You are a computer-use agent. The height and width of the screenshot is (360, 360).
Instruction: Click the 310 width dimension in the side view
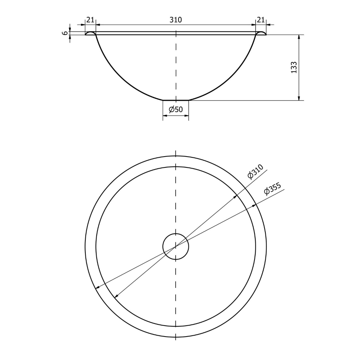click(176, 20)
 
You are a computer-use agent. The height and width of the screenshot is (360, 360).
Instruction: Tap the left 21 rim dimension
click(90, 20)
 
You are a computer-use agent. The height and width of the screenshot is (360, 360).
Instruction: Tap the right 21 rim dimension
click(261, 20)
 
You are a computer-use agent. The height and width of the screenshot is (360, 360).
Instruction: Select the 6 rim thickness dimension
click(66, 33)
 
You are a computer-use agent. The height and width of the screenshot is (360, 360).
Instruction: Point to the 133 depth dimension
click(294, 67)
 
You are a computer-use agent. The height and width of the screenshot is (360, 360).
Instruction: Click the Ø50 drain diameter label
click(176, 109)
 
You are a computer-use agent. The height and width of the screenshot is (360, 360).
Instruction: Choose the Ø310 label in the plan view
click(256, 171)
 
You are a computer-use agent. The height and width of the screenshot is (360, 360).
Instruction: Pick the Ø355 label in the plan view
click(273, 189)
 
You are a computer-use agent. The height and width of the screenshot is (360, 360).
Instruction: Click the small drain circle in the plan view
click(176, 234)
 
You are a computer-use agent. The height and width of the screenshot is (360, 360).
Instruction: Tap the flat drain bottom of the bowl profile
click(176, 100)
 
